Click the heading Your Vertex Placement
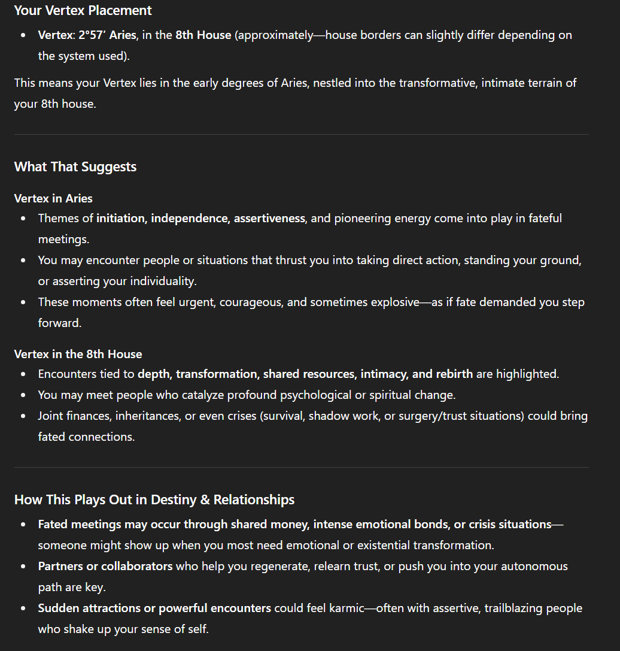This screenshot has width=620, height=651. (x=83, y=11)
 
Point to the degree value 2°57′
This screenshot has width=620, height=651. (x=92, y=35)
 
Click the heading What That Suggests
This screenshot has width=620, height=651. (x=75, y=166)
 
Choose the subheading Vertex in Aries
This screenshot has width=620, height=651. (x=53, y=198)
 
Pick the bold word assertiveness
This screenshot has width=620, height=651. (x=269, y=218)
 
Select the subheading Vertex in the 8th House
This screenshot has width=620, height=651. (x=78, y=354)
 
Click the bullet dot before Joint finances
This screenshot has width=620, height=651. (x=23, y=416)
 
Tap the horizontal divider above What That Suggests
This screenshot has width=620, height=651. (x=301, y=135)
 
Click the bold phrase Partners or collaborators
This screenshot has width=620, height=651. (x=105, y=566)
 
